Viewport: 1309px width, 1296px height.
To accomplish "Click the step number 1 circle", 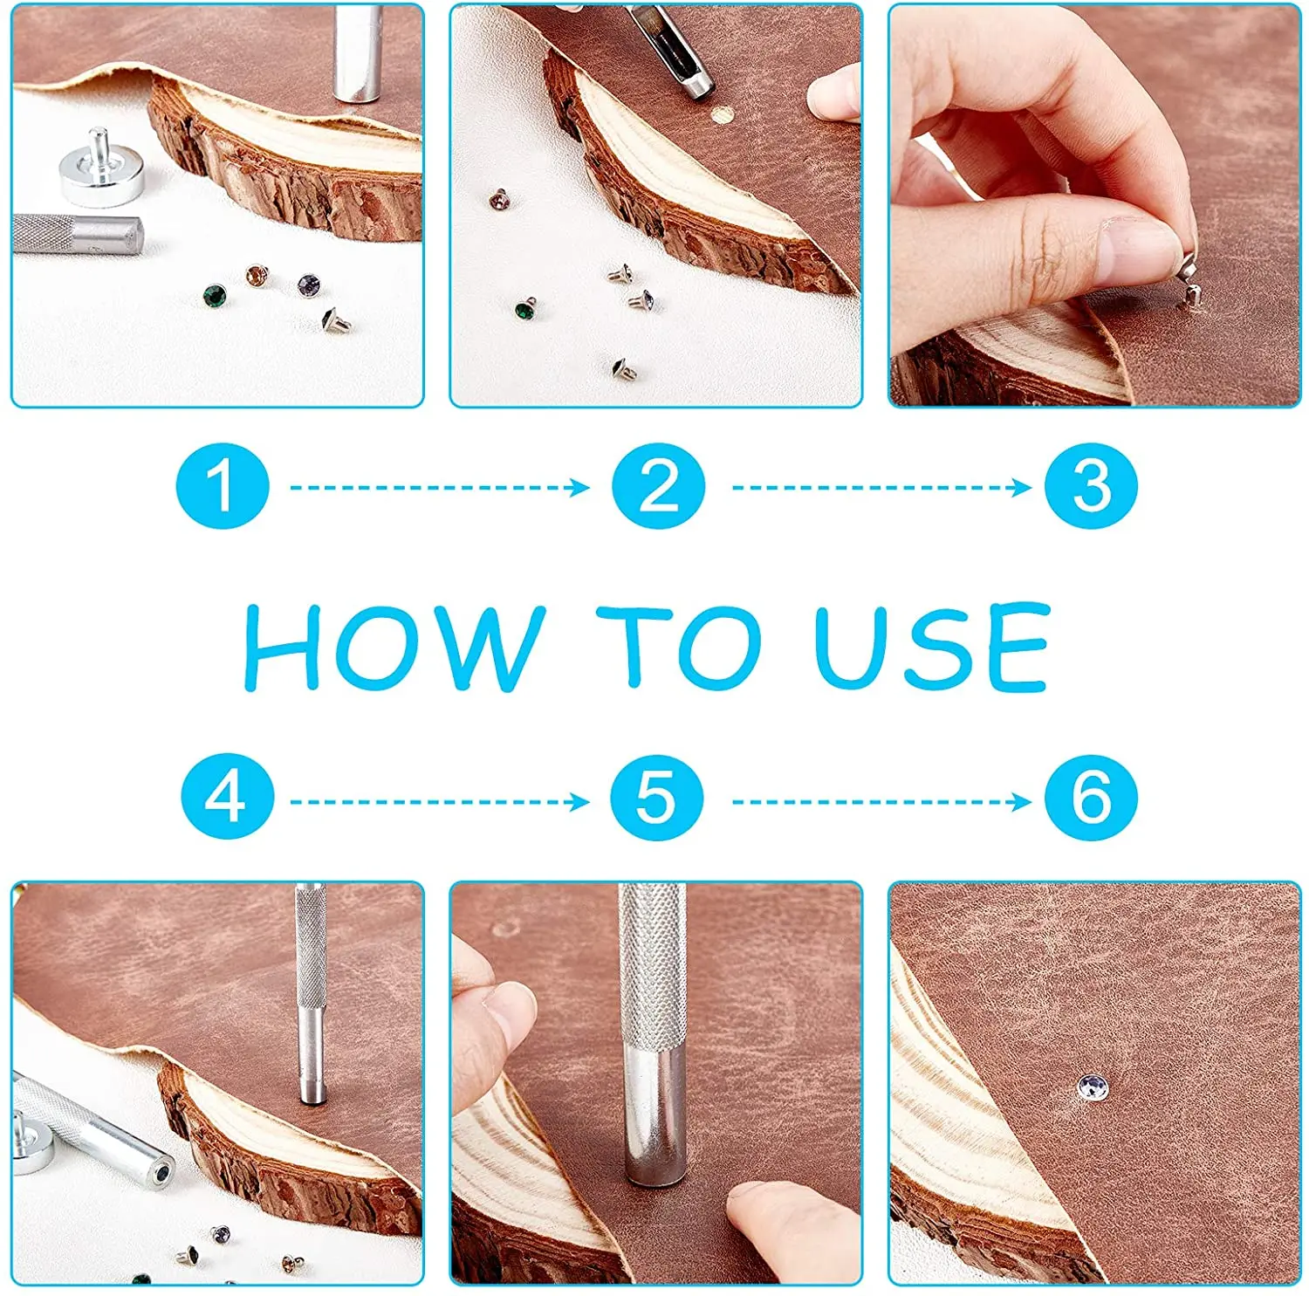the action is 222,486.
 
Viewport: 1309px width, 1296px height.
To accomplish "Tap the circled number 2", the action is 658,486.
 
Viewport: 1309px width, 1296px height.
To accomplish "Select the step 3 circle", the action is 1091,486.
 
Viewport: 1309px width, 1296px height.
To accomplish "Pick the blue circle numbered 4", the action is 226,797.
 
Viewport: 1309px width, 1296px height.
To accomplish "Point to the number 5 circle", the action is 656,797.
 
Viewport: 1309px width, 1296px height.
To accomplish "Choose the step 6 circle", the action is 1091,797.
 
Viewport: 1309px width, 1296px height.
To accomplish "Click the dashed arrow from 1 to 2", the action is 440,487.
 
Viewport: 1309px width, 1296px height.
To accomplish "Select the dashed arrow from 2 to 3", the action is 881,487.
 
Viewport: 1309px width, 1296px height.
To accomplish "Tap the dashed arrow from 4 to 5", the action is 440,801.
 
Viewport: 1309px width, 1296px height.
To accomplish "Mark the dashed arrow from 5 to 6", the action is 881,801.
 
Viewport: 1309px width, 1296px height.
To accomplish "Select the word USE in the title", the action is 932,646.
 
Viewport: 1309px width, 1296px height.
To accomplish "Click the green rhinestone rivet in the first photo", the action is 215,296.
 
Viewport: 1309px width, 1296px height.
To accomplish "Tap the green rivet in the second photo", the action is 525,308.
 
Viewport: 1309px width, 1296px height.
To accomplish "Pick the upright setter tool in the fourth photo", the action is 310,995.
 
